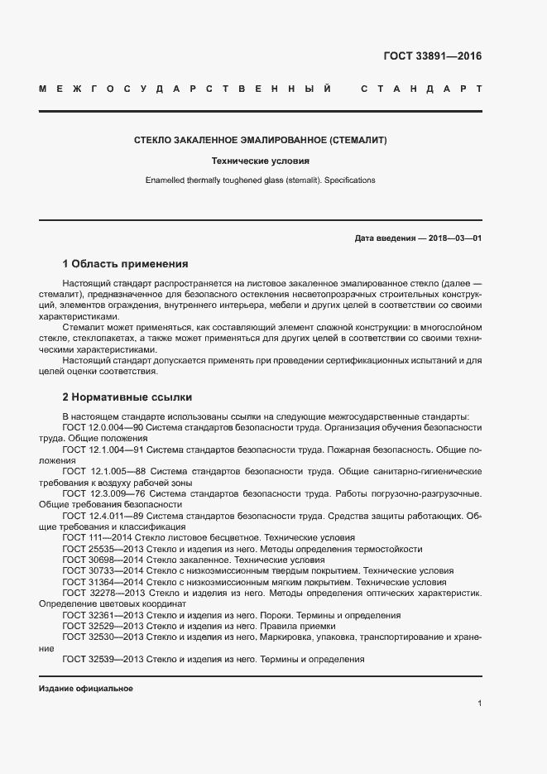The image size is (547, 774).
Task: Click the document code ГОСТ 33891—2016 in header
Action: pyautogui.click(x=432, y=57)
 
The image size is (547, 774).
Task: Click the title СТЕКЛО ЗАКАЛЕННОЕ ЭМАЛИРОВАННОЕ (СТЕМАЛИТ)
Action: pyautogui.click(x=261, y=141)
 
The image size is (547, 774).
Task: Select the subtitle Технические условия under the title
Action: pyautogui.click(x=261, y=161)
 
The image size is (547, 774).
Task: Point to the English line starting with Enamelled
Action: pyautogui.click(x=261, y=180)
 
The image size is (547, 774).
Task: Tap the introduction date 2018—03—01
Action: pyautogui.click(x=454, y=238)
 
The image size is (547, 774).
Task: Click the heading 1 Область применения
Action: pyautogui.click(x=125, y=264)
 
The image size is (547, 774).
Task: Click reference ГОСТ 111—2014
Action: pyautogui.click(x=93, y=537)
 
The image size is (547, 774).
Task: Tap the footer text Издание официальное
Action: pyautogui.click(x=85, y=689)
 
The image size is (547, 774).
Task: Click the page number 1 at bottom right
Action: pyautogui.click(x=479, y=703)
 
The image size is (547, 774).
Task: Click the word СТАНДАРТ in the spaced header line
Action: pyautogui.click(x=420, y=88)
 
